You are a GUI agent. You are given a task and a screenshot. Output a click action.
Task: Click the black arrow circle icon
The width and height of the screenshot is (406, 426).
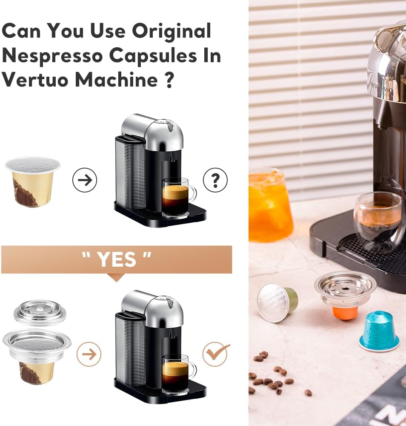tap(85, 180)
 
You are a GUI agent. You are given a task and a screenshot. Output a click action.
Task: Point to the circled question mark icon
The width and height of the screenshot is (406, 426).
tap(215, 180)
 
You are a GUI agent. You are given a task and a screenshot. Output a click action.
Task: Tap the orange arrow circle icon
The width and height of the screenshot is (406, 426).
tap(89, 354)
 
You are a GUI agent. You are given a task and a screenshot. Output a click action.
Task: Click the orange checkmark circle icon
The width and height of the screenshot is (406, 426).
tap(215, 354)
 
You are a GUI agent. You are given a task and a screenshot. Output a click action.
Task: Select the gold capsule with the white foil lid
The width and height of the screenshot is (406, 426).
tap(33, 181)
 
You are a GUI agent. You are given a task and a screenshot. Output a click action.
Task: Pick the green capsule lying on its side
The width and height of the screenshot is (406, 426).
tap(277, 302)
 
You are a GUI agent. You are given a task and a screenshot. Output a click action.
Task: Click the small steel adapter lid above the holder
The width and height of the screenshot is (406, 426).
tap(40, 312)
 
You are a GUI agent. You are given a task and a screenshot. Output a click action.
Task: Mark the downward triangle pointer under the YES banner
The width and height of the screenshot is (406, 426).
tap(116, 277)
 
